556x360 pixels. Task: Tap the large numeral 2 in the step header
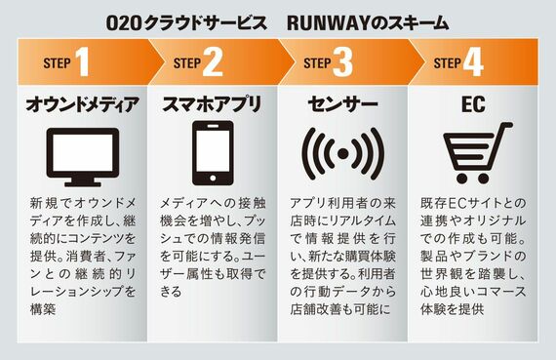click(213, 62)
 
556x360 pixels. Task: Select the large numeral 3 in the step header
click(342, 62)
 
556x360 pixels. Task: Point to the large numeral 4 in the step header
click(473, 62)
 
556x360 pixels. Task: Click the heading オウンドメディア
click(82, 104)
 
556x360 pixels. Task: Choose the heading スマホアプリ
click(212, 104)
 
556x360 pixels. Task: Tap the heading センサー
click(342, 104)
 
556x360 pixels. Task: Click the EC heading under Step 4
click(473, 104)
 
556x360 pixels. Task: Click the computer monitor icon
click(83, 157)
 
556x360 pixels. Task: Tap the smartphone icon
click(213, 153)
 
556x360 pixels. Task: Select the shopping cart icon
click(477, 153)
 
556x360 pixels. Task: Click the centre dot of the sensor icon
click(343, 154)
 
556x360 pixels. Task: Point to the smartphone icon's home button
click(213, 179)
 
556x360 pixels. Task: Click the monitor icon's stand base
click(83, 183)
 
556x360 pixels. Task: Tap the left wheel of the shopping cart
click(462, 179)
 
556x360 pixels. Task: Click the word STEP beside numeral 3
click(317, 63)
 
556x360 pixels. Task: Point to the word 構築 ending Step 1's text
click(43, 309)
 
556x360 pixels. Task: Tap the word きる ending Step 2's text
click(171, 292)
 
